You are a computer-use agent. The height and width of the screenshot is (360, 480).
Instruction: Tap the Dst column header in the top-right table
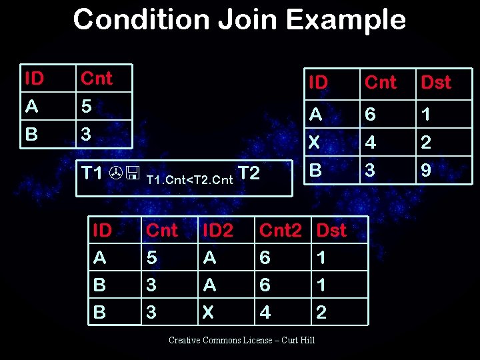435,83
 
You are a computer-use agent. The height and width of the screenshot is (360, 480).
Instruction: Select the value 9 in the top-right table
426,171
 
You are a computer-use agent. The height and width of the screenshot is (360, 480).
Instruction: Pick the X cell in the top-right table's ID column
315,143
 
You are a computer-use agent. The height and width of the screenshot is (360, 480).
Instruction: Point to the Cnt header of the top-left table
97,79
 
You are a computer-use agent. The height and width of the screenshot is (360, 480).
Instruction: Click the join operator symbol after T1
124,175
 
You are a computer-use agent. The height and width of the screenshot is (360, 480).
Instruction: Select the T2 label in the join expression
249,173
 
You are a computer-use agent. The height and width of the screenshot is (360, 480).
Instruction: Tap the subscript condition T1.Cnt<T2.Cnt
189,179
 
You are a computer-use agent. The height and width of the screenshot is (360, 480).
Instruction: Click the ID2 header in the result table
217,231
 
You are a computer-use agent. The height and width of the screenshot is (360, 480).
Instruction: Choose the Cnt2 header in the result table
281,231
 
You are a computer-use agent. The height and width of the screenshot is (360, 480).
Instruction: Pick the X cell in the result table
209,313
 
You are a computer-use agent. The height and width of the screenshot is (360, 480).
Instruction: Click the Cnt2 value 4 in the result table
265,313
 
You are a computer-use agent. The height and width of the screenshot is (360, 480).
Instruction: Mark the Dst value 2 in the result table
321,313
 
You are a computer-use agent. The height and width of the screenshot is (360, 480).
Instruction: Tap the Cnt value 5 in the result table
151,257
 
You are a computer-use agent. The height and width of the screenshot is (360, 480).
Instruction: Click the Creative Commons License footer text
241,341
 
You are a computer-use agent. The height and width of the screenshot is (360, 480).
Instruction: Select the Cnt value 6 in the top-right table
370,115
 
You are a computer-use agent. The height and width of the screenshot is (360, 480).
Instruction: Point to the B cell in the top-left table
31,134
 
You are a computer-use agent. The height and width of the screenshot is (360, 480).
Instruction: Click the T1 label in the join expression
91,173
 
